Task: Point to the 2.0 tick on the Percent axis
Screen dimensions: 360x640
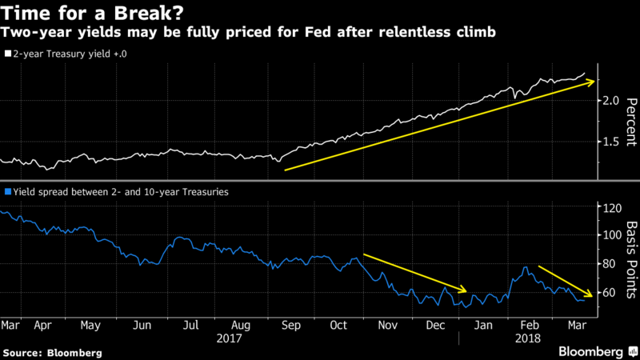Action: (x=610, y=101)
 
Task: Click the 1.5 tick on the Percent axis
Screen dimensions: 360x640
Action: (x=610, y=142)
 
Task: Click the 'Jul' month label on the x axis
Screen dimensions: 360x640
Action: (x=190, y=326)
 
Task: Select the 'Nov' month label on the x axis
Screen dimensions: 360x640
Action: (x=387, y=326)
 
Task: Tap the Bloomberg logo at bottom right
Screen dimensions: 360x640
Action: (x=590, y=351)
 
